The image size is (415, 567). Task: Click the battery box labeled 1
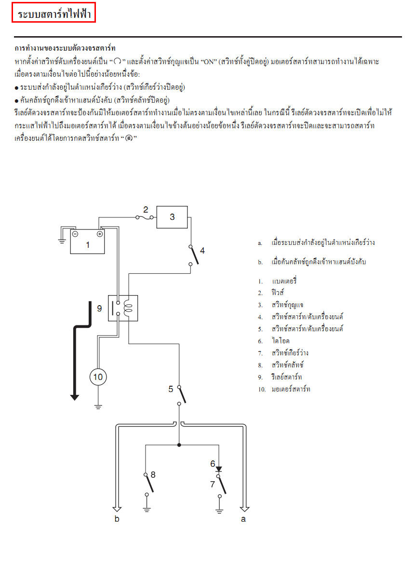coord(87,242)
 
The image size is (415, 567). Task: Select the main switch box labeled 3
coord(172,217)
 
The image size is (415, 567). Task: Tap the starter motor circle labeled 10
coord(98,377)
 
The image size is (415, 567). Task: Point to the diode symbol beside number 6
coord(219,468)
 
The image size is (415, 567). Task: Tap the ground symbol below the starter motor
coord(98,406)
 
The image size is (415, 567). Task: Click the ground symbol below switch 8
coord(147,508)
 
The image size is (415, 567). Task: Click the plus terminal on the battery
coord(100,234)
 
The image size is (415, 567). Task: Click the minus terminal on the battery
coord(75,234)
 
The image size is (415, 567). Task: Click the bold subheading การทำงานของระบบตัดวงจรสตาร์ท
coord(65,49)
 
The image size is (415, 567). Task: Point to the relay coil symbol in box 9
coord(128,308)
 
